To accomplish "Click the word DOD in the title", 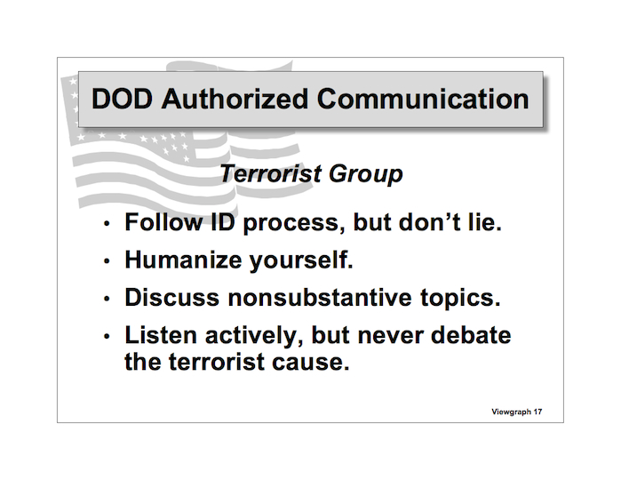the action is [x=122, y=99].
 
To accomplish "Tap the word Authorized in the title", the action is [x=235, y=99].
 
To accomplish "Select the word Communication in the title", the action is [x=423, y=99].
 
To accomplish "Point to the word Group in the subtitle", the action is [x=365, y=175].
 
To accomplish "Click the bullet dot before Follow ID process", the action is [x=106, y=224].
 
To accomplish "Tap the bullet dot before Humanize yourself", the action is [x=106, y=261].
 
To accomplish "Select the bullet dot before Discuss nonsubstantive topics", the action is [x=106, y=299].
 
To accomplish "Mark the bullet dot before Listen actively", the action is [x=106, y=336].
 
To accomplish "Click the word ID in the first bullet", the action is [x=223, y=222].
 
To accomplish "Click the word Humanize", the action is [x=183, y=260].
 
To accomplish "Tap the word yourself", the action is [x=301, y=261].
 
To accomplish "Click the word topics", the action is [x=460, y=300].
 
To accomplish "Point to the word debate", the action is [x=471, y=335].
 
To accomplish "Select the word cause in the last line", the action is [x=311, y=363].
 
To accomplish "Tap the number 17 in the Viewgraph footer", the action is [x=537, y=412].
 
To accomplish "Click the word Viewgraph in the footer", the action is [x=512, y=412].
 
